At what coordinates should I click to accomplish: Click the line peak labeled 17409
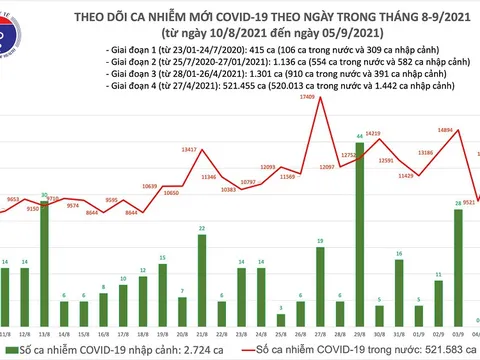click(x=319, y=99)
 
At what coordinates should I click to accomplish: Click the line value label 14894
click(x=447, y=129)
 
